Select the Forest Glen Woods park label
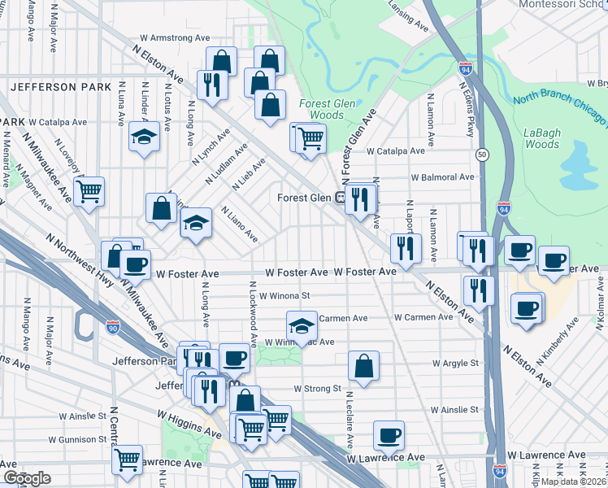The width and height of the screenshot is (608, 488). [322, 109]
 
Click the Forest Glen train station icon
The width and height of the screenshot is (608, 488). [341, 197]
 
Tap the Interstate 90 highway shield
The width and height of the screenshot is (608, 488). [113, 327]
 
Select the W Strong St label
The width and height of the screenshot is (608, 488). [317, 389]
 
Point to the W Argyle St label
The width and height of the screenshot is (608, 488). [455, 363]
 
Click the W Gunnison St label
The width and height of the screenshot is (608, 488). [78, 439]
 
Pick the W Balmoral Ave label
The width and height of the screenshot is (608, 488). [442, 176]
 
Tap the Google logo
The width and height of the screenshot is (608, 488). [27, 478]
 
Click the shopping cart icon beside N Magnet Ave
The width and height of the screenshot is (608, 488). [89, 192]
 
